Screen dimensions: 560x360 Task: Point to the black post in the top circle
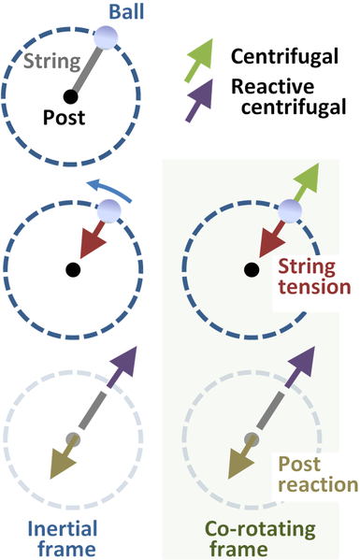(x=70, y=95)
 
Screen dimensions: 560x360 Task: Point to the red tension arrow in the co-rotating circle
(x=270, y=237)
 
